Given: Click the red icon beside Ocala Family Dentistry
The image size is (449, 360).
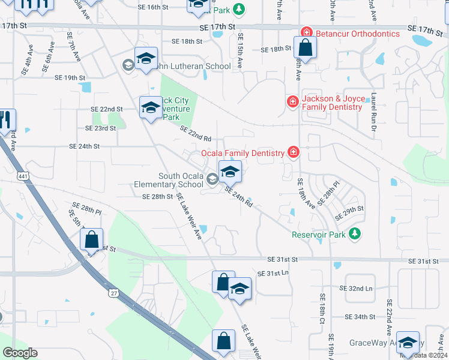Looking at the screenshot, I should pyautogui.click(x=294, y=153).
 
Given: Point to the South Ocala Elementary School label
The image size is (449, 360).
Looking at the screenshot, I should pyautogui.click(x=182, y=180).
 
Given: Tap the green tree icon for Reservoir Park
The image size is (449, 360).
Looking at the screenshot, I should pyautogui.click(x=355, y=233).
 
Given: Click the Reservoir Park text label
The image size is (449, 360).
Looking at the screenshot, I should pyautogui.click(x=319, y=235).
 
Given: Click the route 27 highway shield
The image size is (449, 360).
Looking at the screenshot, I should pyautogui.click(x=113, y=293).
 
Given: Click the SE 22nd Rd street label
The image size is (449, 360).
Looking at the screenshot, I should pyautogui.click(x=196, y=133).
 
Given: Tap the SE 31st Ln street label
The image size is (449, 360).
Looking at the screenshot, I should pyautogui.click(x=273, y=273).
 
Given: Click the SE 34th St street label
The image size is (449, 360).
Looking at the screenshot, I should pyautogui.click(x=360, y=316).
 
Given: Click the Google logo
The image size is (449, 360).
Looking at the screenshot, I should pyautogui.click(x=20, y=352).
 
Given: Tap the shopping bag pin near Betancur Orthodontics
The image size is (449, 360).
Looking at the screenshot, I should pyautogui.click(x=305, y=48).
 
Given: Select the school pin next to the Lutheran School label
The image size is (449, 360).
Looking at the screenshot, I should pyautogui.click(x=146, y=59).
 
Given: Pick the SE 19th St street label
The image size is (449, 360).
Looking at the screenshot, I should pyautogui.click(x=70, y=77).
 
